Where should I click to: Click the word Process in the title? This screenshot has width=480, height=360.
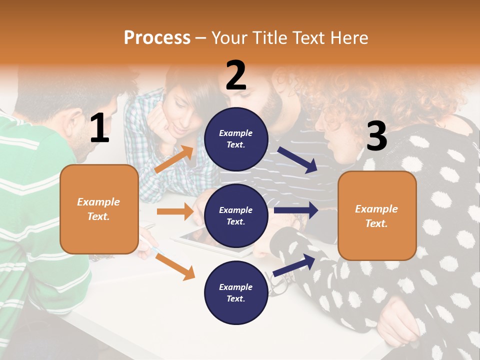pyautogui.click(x=157, y=37)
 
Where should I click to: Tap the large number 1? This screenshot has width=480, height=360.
pyautogui.click(x=99, y=128)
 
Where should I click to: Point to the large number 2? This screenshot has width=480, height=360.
pyautogui.click(x=236, y=75)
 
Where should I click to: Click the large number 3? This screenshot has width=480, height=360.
pyautogui.click(x=376, y=136)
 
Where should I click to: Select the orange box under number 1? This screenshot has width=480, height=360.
pyautogui.click(x=99, y=209)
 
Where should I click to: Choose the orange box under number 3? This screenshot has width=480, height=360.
pyautogui.click(x=377, y=215)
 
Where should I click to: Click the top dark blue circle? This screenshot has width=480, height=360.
pyautogui.click(x=236, y=139)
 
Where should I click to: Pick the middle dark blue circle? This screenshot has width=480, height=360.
pyautogui.click(x=236, y=215)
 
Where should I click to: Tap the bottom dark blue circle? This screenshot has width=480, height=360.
pyautogui.click(x=236, y=292)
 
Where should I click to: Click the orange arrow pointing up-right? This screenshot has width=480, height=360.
pyautogui.click(x=174, y=159)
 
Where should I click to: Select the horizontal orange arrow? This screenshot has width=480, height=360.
pyautogui.click(x=175, y=211)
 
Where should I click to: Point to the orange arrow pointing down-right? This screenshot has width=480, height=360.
pyautogui.click(x=175, y=266)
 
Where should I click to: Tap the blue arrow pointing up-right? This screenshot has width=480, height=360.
pyautogui.click(x=294, y=265)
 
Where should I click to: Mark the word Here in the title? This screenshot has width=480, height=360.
pyautogui.click(x=348, y=37)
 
